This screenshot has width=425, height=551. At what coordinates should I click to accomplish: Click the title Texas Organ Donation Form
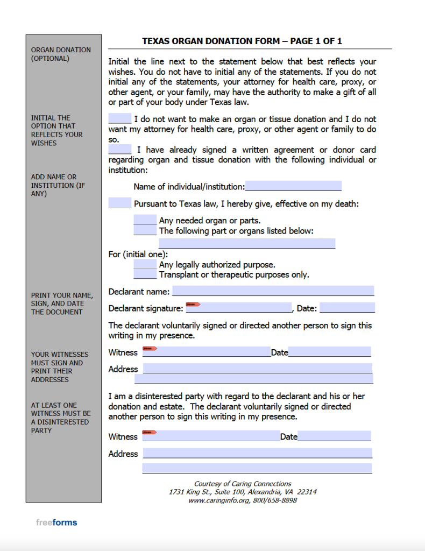coord(242,41)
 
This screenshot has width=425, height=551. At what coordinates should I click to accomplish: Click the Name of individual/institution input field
coord(293,186)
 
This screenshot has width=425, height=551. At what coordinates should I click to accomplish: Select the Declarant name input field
coord(273,291)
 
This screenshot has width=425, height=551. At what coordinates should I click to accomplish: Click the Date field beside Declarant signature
coord(347,308)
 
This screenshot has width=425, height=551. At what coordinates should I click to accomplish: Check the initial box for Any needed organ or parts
coord(145,220)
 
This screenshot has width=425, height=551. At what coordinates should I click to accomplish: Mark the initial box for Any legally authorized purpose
coord(145,264)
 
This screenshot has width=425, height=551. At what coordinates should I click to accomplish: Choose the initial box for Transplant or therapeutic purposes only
coord(145,274)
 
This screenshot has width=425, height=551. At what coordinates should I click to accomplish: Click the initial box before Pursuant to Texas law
coord(119,203)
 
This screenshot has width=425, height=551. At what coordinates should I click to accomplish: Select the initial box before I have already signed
coord(119,149)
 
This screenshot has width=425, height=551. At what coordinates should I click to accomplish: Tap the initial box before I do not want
coord(119,118)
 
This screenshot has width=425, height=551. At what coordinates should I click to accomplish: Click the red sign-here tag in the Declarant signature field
coord(193,305)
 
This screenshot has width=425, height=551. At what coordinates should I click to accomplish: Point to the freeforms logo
coord(56,522)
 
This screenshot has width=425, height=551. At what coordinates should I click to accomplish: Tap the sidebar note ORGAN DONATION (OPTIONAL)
coord(61,54)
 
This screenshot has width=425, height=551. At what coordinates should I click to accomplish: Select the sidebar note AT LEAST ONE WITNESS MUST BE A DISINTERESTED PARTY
coord(61,418)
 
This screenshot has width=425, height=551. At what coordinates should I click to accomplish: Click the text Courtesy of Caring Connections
coord(243,484)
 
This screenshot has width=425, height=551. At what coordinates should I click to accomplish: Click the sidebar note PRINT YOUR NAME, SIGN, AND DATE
coord(61,303)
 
